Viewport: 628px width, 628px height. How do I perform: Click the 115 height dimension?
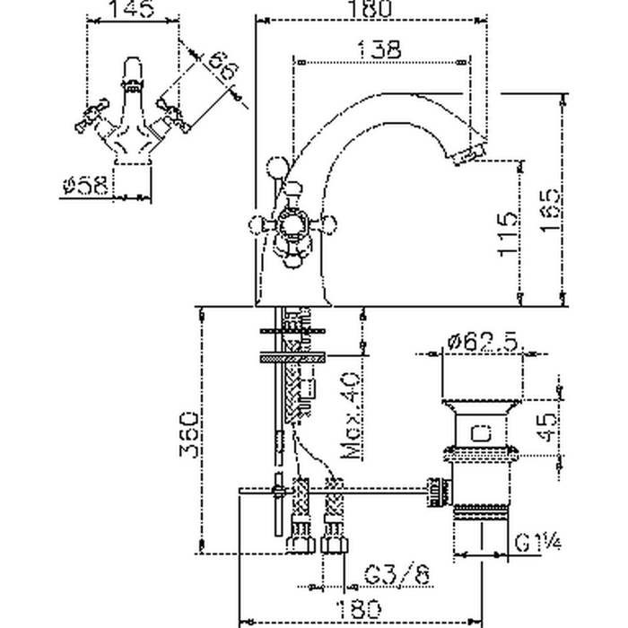pos(507,234)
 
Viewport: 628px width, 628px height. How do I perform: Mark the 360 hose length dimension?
pos(186,434)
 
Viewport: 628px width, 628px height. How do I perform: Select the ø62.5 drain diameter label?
pos(484,342)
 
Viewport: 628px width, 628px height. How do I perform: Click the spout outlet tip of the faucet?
pos(469,155)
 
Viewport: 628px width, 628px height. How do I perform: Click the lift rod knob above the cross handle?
pos(277,167)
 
